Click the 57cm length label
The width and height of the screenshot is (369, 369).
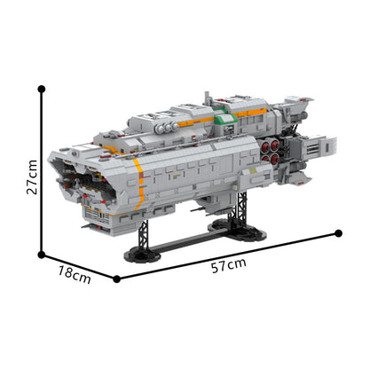(x=230, y=265)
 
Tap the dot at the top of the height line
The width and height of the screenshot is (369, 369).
(x=42, y=88)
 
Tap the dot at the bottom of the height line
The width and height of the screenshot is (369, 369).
(x=42, y=255)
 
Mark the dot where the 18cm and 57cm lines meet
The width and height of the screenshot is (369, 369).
(x=117, y=279)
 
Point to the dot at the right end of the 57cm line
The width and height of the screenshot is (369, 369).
(x=338, y=233)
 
